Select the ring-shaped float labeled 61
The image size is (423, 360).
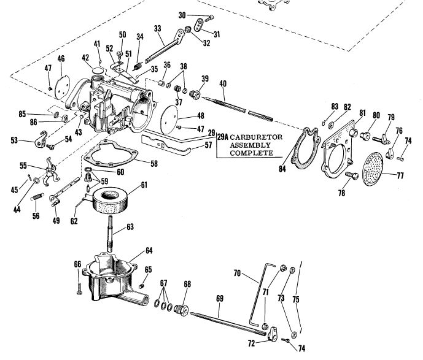pyautogui.click(x=113, y=201)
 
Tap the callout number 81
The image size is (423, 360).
pyautogui.click(x=362, y=113)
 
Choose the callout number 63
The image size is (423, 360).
pyautogui.click(x=131, y=226)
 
